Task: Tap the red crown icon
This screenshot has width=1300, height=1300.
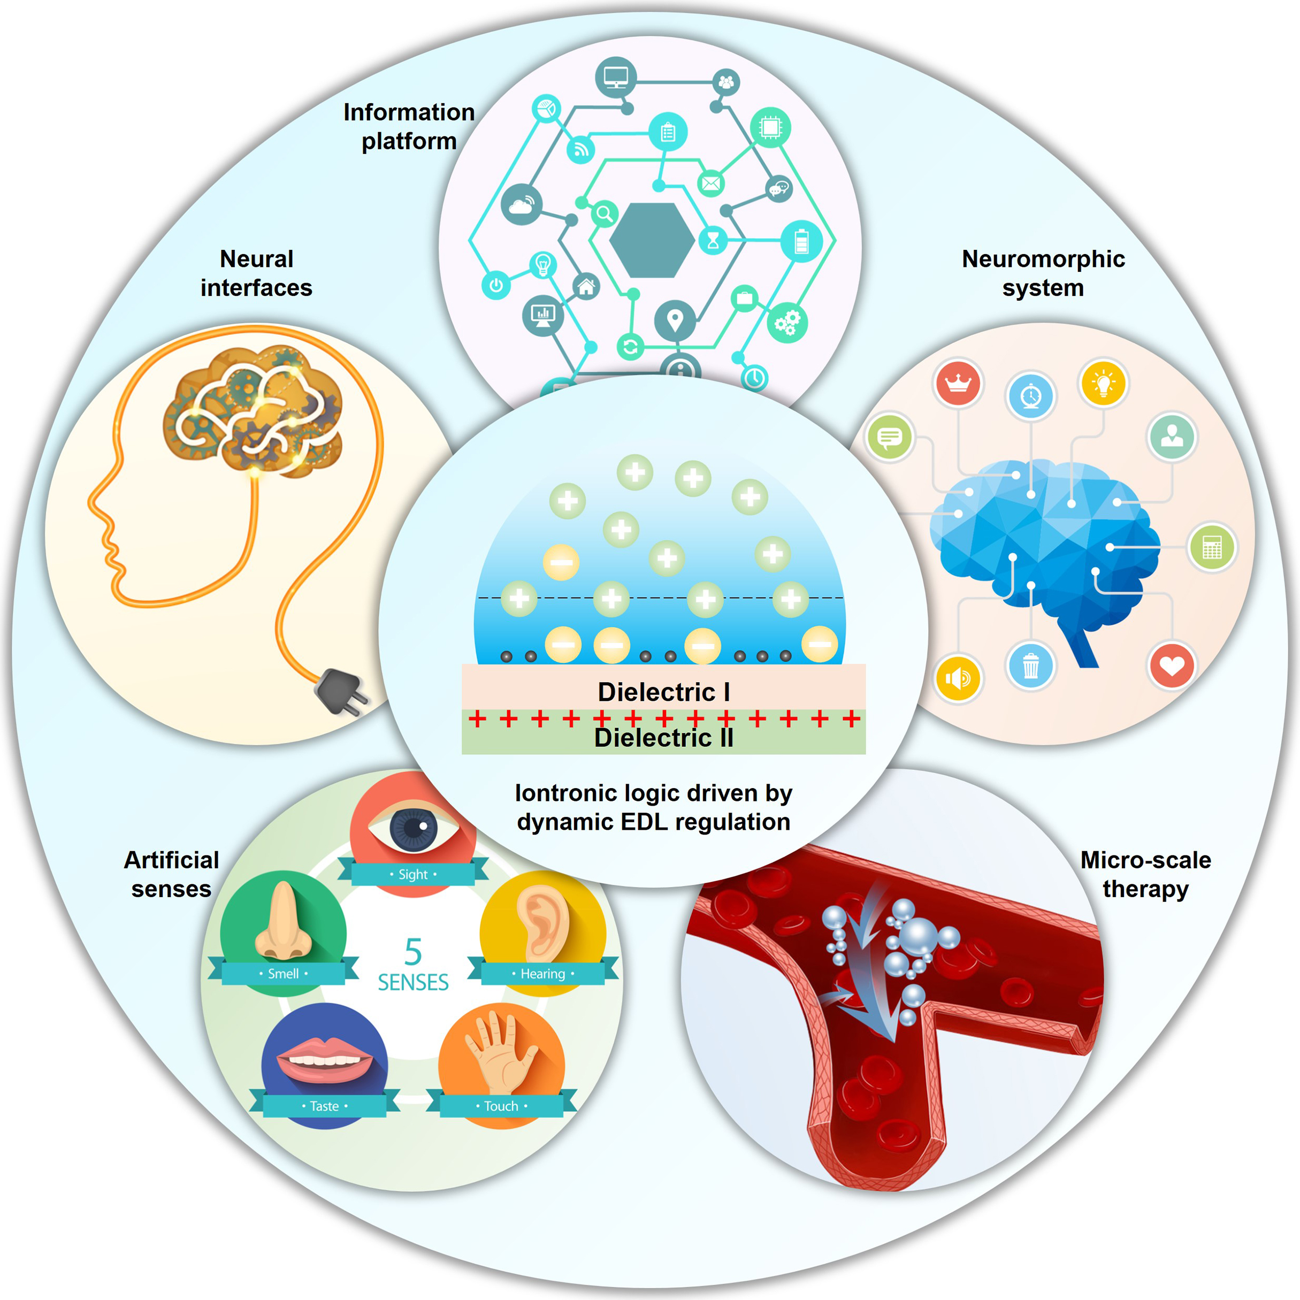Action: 958,384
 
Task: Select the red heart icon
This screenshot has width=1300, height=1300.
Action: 1172,666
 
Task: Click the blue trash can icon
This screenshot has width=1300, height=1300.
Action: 1030,666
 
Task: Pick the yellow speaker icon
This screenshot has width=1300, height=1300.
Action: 958,678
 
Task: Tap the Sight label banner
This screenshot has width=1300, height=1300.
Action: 413,874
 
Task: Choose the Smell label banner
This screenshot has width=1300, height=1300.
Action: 284,973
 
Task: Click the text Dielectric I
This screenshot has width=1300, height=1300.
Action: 663,692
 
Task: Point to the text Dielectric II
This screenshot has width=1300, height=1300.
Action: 663,738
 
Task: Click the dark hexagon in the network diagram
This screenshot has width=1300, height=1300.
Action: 652,240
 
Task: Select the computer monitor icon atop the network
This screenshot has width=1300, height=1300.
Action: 616,78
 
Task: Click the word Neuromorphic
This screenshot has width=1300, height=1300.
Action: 1043,259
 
